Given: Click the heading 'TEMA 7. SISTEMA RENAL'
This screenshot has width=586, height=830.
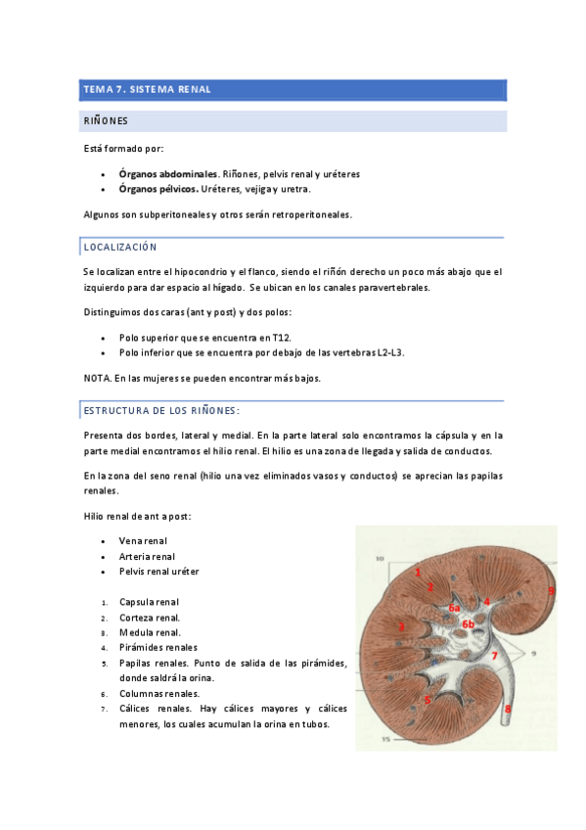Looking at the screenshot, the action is coord(147,90).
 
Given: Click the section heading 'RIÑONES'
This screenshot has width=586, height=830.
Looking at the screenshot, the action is coord(105,121).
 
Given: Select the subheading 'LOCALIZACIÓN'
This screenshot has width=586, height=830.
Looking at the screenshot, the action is coord(120,248).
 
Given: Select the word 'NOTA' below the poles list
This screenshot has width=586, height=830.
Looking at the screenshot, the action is coord(96,378).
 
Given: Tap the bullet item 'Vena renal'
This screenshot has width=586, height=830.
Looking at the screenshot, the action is coord(143,540).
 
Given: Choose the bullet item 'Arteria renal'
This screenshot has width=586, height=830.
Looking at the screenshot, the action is coord(147,556).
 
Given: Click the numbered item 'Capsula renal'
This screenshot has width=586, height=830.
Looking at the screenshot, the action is coord(149,602).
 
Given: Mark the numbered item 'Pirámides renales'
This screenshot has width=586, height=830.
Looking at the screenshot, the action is coord(158,647).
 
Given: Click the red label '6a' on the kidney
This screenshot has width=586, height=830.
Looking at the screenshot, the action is coord(454,608).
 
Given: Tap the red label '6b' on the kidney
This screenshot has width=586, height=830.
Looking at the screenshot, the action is coord(468,624).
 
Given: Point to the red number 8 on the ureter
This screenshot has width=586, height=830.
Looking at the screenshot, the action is coord(508,707).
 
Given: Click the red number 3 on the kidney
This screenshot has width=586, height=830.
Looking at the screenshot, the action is coord(401,625).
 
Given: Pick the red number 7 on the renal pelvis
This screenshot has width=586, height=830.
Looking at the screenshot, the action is coord(495,655).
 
